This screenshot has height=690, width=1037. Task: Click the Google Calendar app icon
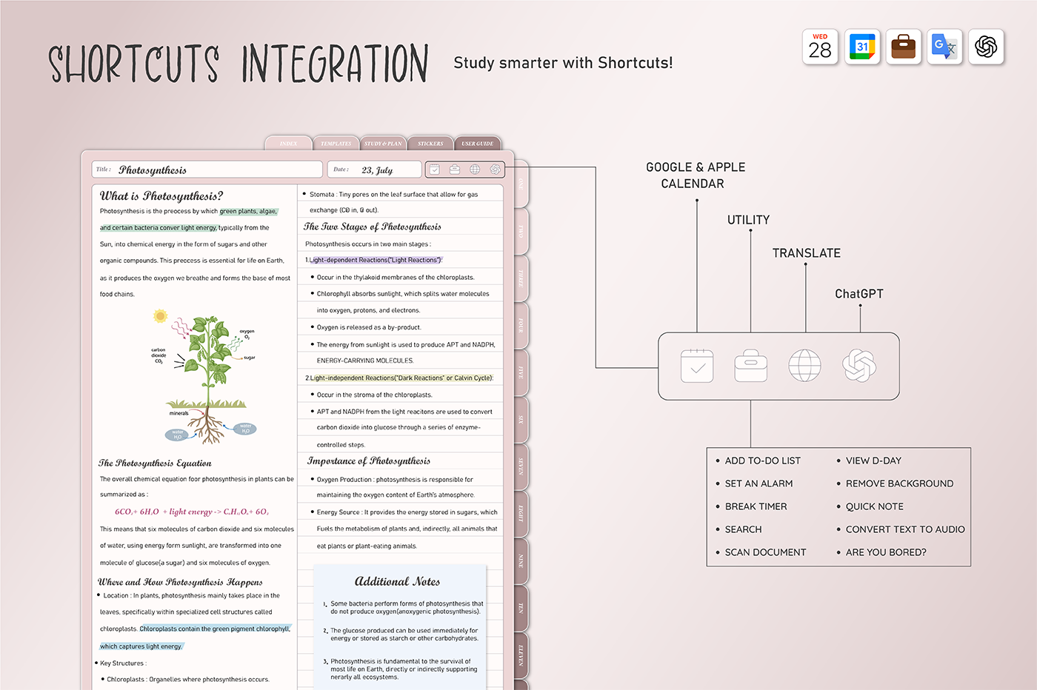861,47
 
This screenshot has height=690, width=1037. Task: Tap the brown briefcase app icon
904,47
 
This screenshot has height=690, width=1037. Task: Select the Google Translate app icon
944,47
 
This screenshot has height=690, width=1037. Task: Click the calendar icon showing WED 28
820,47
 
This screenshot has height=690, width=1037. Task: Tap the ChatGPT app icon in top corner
986,47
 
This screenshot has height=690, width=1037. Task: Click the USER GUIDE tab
477,144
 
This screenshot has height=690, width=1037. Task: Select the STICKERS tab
430,144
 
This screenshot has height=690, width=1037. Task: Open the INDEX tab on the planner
288,144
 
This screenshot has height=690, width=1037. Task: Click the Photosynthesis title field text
153,170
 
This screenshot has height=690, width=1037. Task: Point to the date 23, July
377,170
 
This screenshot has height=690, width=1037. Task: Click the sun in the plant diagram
160,316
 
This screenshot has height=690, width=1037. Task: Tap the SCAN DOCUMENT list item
765,552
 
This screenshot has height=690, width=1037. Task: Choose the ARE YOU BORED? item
886,552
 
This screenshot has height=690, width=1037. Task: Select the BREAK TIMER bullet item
756,506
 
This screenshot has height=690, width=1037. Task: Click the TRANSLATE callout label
806,253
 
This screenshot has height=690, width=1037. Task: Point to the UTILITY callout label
748,220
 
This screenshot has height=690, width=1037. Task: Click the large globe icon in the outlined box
804,366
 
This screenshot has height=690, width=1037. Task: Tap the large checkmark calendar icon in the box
697,366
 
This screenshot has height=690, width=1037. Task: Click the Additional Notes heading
397,582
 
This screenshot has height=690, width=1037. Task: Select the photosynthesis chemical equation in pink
191,512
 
